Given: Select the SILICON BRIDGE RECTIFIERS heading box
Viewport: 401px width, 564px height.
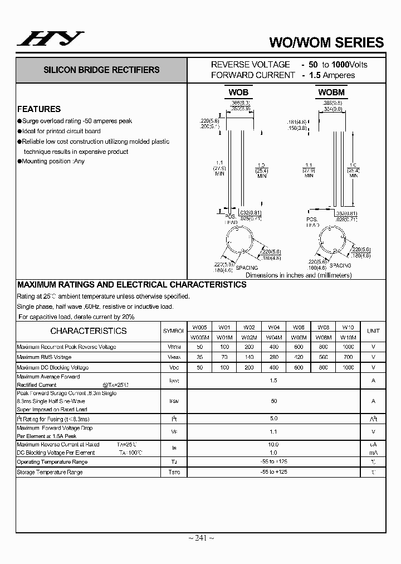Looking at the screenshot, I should pyautogui.click(x=101, y=70).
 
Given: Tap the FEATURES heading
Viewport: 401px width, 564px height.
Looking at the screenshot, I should pyautogui.click(x=39, y=109).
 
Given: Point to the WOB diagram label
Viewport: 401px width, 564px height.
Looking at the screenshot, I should pyautogui.click(x=238, y=93).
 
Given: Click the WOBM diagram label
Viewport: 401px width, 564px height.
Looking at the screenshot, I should pyautogui.click(x=331, y=93).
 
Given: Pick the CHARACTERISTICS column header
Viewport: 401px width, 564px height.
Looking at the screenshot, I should pyautogui.click(x=89, y=331).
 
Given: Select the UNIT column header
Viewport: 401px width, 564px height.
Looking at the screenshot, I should pyautogui.click(x=373, y=331).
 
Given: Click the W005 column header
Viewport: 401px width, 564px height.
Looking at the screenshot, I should pyautogui.click(x=199, y=327).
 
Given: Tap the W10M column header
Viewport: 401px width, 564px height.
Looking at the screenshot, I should pyautogui.click(x=348, y=337).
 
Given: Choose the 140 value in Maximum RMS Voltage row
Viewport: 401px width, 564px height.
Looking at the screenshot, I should pyautogui.click(x=249, y=357).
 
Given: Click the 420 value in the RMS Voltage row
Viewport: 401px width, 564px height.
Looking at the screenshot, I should pyautogui.click(x=299, y=357).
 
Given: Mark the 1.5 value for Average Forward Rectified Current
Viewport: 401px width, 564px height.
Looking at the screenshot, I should pyautogui.click(x=273, y=380).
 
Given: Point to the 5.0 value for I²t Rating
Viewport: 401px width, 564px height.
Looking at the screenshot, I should pyautogui.click(x=273, y=419).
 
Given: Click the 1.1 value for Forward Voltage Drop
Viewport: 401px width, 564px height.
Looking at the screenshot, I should pyautogui.click(x=273, y=432).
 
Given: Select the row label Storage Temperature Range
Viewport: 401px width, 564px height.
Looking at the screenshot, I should pyautogui.click(x=50, y=472).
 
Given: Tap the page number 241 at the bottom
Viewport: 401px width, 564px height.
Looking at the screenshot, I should pyautogui.click(x=201, y=538).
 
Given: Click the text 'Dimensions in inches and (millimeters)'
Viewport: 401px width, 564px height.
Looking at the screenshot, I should pyautogui.click(x=299, y=275).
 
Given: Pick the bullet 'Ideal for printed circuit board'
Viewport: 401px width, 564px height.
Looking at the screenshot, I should pyautogui.click(x=61, y=132).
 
